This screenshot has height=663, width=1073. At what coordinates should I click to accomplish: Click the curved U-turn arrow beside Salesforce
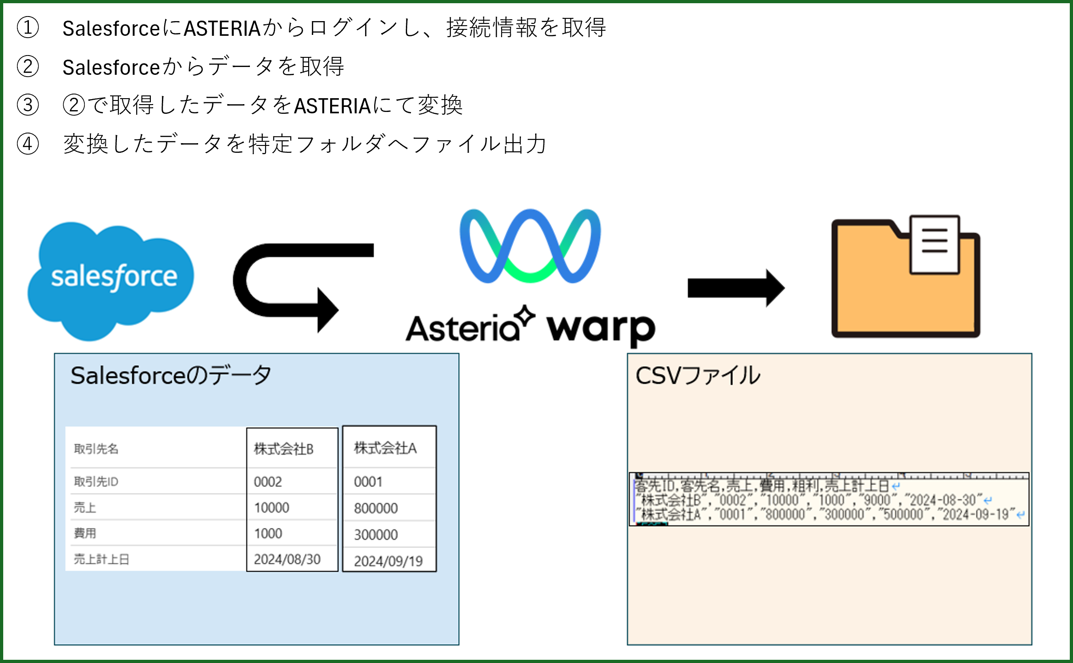(x=284, y=284)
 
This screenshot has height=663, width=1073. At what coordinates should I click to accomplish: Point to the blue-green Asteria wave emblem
(x=530, y=246)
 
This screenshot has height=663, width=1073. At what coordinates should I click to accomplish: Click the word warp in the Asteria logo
(x=601, y=329)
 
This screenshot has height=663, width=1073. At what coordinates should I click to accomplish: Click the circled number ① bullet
(x=28, y=28)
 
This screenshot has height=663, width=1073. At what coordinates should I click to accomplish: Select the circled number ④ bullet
(x=28, y=144)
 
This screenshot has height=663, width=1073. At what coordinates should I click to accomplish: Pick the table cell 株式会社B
(x=284, y=449)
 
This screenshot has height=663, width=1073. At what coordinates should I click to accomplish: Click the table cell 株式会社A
(x=385, y=448)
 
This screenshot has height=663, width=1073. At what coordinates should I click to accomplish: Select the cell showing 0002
(x=268, y=482)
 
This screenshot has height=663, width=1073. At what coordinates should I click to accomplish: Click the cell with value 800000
(x=376, y=508)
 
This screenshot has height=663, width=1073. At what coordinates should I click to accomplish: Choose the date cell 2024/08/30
(x=287, y=559)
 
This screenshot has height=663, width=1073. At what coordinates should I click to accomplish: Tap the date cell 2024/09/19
(x=388, y=561)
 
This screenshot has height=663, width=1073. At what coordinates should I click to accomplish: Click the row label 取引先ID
(x=96, y=482)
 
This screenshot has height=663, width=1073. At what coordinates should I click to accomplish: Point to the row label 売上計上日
(x=101, y=559)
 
